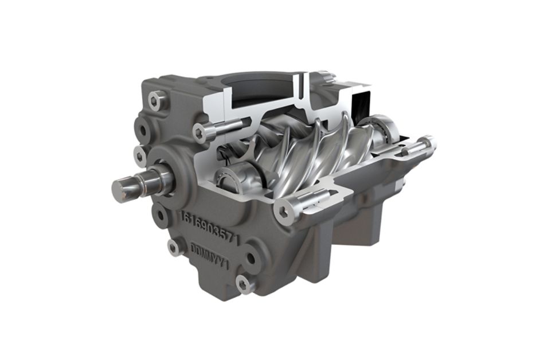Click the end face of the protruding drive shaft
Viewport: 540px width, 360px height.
click(123, 187)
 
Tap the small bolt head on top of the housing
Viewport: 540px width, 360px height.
click(324, 76)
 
